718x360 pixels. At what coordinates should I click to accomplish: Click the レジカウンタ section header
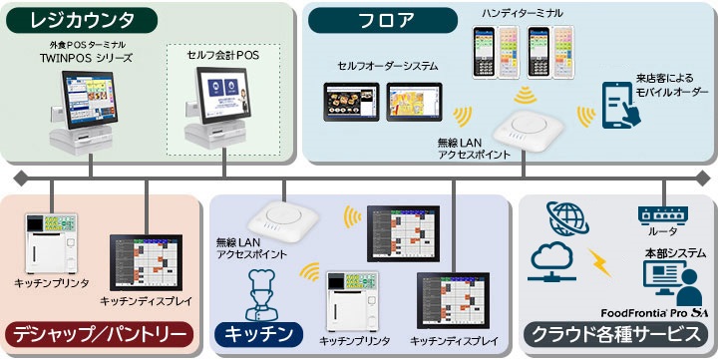coord(81,19)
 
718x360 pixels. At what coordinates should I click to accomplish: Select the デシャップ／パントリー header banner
coord(101,332)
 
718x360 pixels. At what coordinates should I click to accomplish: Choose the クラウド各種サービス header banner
coord(616,332)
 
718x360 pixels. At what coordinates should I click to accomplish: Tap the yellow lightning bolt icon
coord(602,262)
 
